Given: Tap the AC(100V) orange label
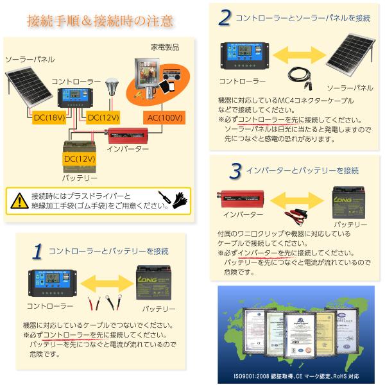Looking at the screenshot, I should pyautogui.click(x=165, y=118).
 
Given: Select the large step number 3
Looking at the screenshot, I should pyautogui.click(x=235, y=170).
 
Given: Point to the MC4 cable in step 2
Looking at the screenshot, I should pyautogui.click(x=298, y=75).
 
